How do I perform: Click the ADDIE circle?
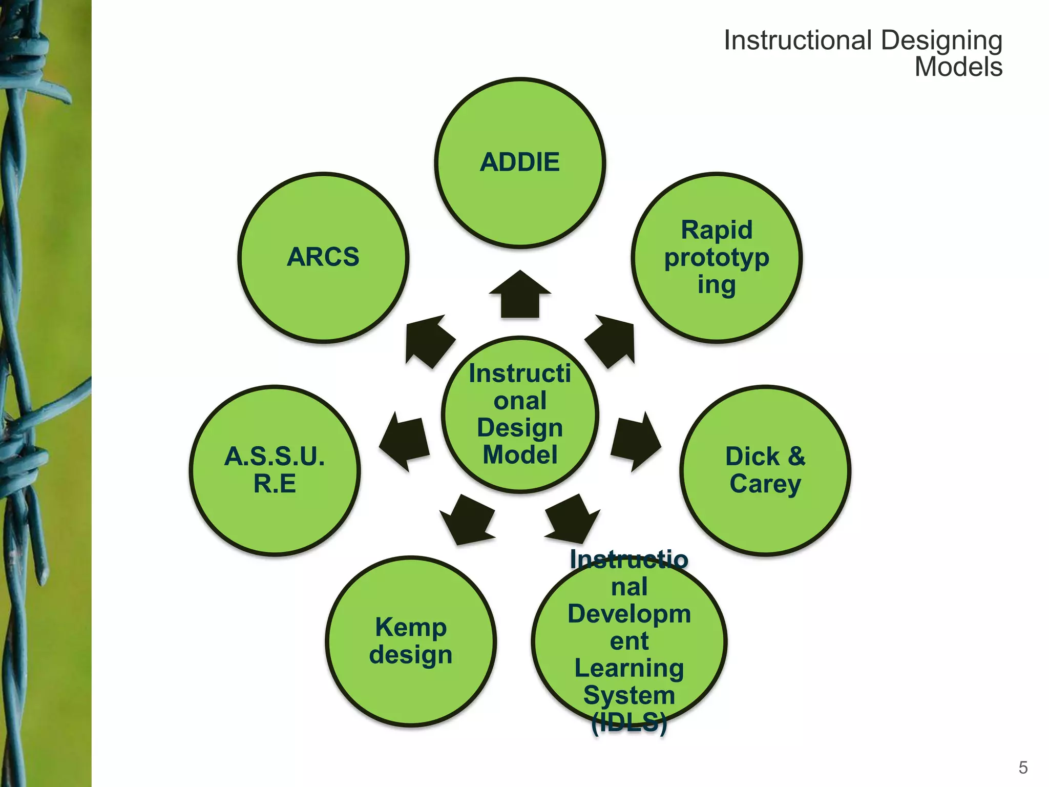[x=520, y=163]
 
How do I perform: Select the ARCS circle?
[x=323, y=257]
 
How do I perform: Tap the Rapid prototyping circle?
[x=717, y=257]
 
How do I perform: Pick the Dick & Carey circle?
[x=765, y=470]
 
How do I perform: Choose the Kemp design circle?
[x=411, y=641]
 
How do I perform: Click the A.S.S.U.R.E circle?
[x=275, y=470]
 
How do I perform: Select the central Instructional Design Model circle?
[x=520, y=415]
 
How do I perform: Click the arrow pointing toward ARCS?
[x=428, y=340]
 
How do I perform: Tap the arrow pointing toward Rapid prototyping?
[x=612, y=340]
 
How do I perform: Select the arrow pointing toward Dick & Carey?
[x=635, y=441]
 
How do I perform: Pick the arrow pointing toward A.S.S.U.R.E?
[x=405, y=441]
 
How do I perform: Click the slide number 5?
[x=1023, y=768]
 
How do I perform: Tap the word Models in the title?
[x=958, y=67]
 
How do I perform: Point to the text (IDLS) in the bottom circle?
[x=629, y=722]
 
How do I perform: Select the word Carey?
[x=765, y=484]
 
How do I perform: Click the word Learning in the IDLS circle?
[x=629, y=668]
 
